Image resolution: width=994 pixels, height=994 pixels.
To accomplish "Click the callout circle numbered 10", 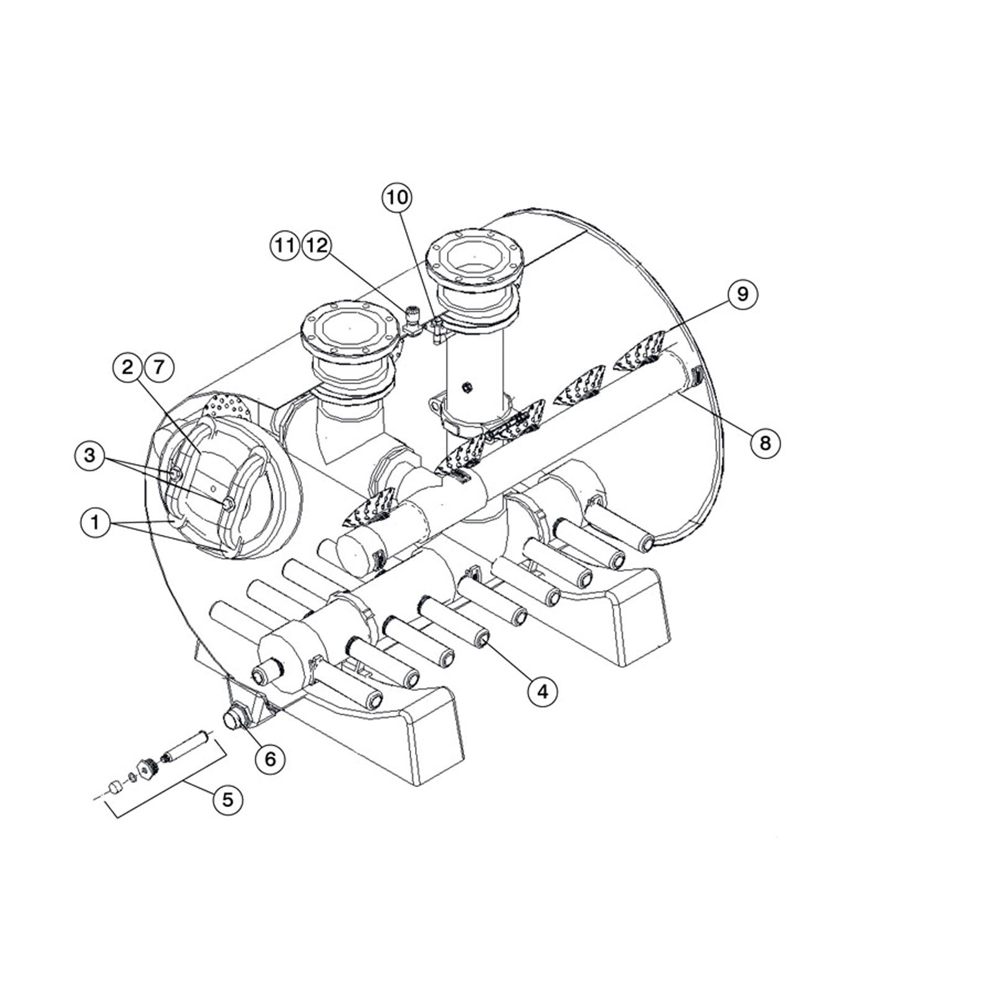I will click(398, 198).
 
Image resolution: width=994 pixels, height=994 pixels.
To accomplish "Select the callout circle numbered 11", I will click(285, 245).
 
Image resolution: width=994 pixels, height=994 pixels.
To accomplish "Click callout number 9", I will click(742, 293).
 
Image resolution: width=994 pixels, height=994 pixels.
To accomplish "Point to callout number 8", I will click(765, 442).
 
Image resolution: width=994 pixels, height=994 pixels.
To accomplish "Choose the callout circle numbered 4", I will click(543, 690).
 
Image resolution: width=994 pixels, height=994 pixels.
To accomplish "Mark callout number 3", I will click(90, 455).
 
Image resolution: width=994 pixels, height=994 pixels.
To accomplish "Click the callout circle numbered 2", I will click(128, 368).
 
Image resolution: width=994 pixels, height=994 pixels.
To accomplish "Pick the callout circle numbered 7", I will click(159, 368).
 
